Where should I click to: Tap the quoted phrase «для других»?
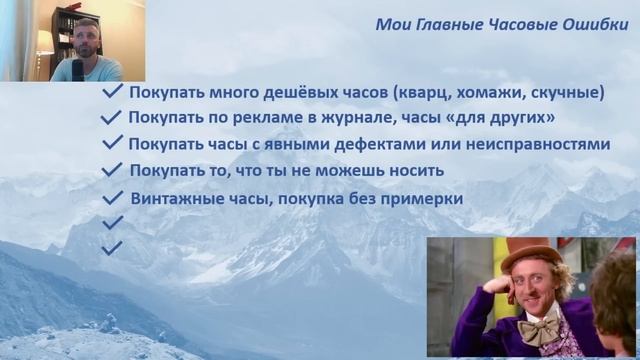click(x=500, y=118)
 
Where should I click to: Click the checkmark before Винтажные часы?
click(x=114, y=197)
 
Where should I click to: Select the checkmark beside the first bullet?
click(x=113, y=92)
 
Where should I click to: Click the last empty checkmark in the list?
click(x=112, y=246)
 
